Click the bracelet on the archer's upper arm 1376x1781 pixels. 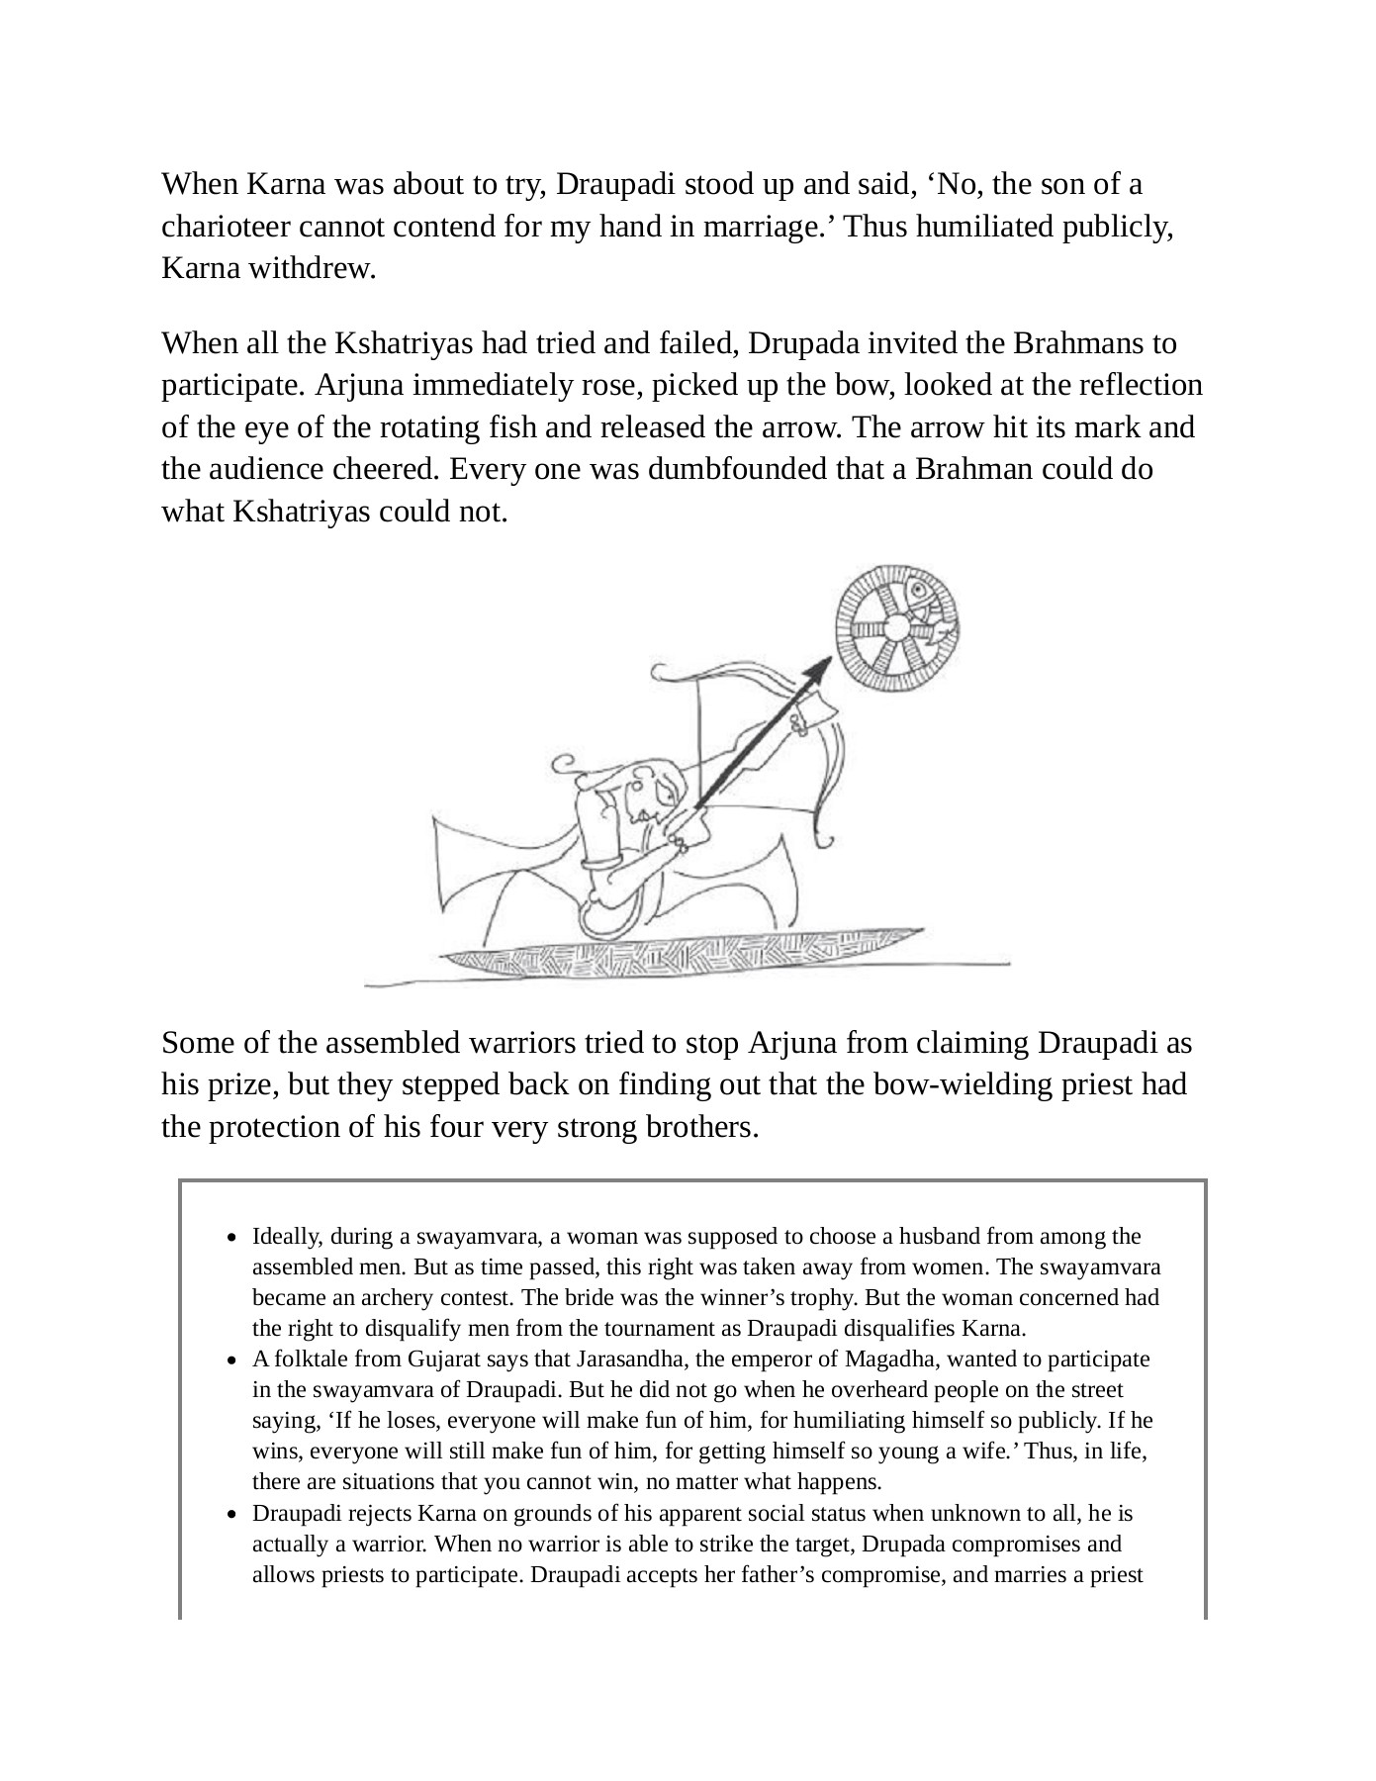click(x=601, y=863)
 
